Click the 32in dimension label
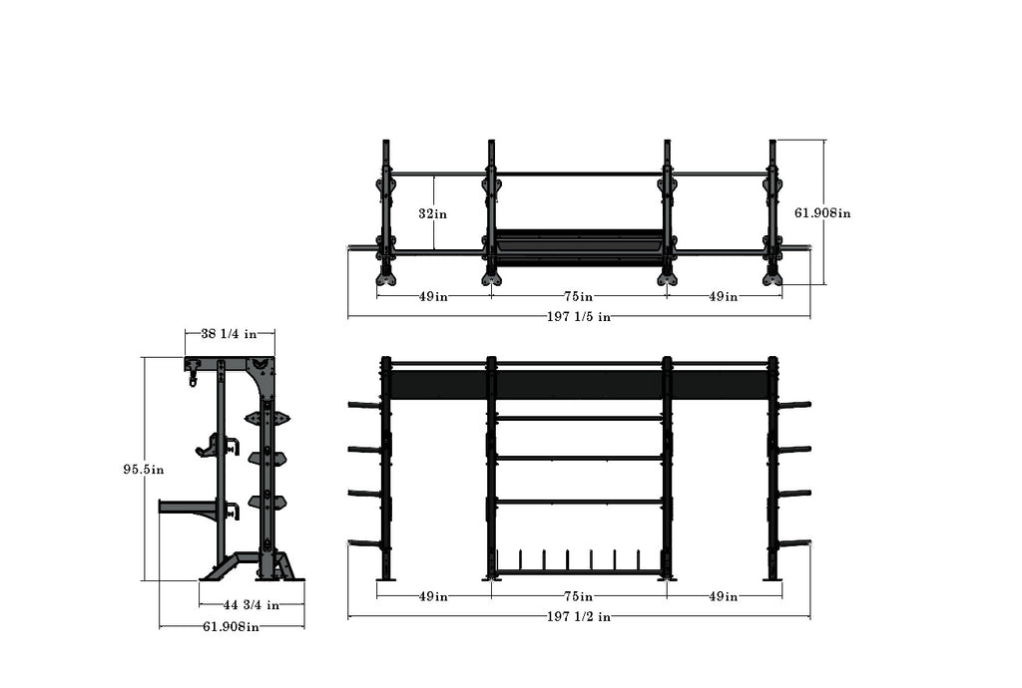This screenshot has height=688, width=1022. click(433, 213)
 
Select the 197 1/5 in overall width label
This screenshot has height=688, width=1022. click(579, 317)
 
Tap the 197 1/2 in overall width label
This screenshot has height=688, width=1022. click(579, 617)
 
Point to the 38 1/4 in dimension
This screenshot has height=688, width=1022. click(230, 335)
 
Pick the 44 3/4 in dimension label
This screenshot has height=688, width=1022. click(251, 604)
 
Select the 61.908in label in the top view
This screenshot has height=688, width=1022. click(822, 212)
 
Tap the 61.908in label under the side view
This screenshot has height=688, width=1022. click(232, 627)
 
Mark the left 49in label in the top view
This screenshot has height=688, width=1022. click(433, 296)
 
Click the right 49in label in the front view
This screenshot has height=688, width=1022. click(724, 596)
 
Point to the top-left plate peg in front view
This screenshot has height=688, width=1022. click(363, 405)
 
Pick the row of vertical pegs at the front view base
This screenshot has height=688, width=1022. click(579, 558)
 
